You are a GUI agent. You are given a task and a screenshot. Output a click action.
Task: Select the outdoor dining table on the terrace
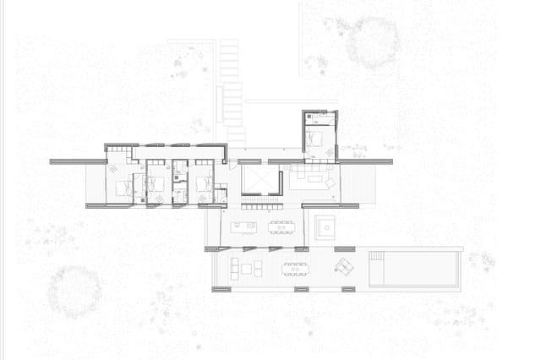click(296, 270)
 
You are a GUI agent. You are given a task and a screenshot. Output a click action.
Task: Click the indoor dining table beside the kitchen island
click(280, 226)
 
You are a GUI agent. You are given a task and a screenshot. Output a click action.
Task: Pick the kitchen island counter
click(242, 226)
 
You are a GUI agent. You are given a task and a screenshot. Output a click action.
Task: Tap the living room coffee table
click(309, 179)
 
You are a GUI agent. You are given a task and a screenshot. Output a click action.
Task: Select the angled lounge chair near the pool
click(343, 267)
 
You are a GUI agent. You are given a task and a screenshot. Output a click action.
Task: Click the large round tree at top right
click(372, 44)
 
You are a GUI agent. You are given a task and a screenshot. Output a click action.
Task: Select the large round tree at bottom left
click(74, 292)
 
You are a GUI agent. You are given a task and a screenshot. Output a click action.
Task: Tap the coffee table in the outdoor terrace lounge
click(246, 270)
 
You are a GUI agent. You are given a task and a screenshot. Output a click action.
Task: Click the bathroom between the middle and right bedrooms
click(179, 183)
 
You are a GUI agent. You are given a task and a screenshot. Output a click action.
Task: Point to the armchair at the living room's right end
click(331, 182)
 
